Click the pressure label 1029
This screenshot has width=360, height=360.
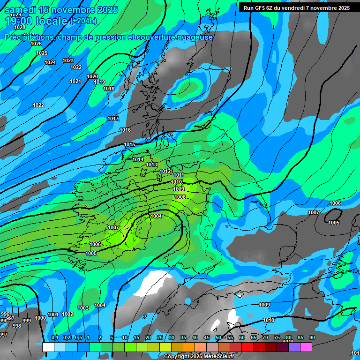tap(15, 15)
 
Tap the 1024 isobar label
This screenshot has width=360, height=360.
tap(50, 62)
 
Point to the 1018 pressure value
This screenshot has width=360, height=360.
tap(109, 89)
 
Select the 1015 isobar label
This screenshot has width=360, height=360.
tap(129, 144)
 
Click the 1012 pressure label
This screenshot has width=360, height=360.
tap(165, 171)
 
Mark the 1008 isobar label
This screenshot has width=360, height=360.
tap(180, 197)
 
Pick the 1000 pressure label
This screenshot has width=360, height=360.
tap(40, 318)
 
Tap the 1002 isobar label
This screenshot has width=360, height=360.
tap(67, 314)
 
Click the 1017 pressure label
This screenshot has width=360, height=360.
tap(113, 119)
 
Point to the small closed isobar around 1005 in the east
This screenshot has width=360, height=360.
tap(333, 216)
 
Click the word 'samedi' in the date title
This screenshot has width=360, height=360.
tap(20, 10)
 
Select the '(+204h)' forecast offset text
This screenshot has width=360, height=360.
tap(83, 21)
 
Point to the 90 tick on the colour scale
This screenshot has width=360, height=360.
tap(312, 338)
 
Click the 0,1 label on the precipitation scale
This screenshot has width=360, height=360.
tap(54, 338)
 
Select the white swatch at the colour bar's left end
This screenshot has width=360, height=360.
tap(48, 347)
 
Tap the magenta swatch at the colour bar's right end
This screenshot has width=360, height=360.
tap(306, 347)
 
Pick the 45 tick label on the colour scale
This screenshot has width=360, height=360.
tap(207, 338)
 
